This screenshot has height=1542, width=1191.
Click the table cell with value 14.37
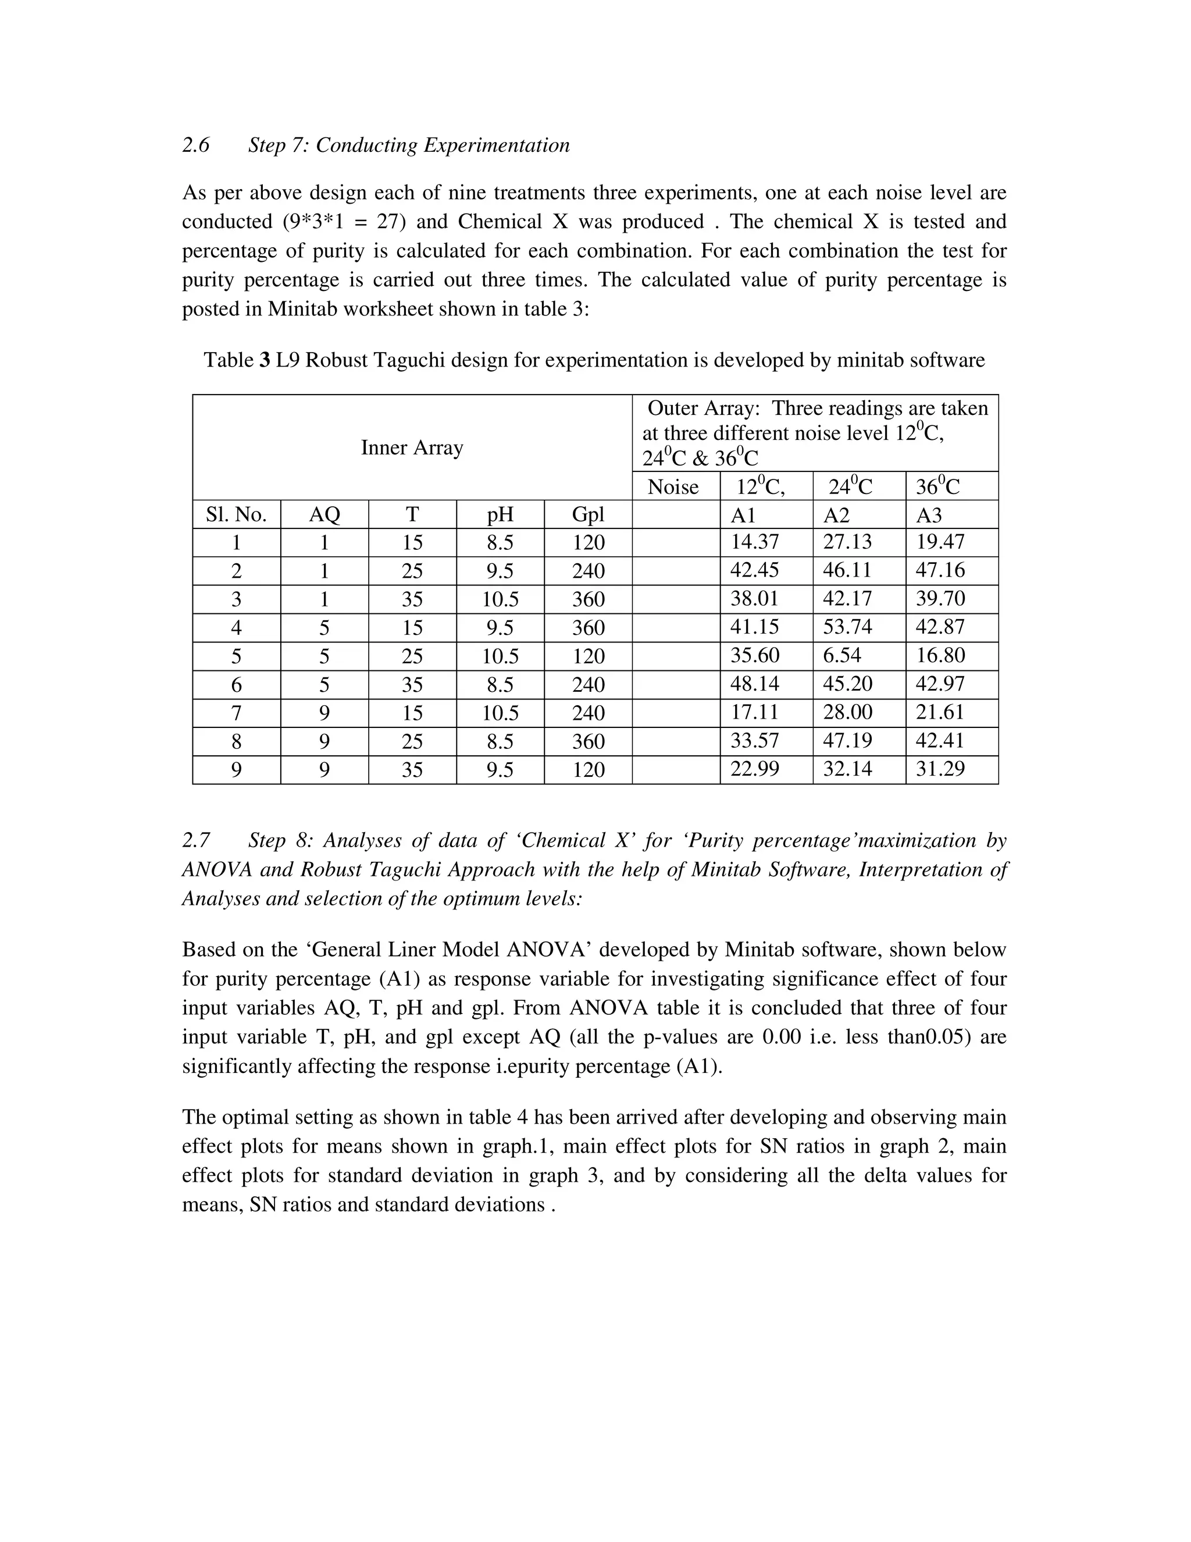pos(754,542)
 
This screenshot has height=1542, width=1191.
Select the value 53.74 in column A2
pos(847,627)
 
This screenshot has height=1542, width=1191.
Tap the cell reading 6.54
pos(841,655)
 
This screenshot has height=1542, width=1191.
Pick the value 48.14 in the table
pos(754,684)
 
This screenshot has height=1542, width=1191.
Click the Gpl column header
pos(588,515)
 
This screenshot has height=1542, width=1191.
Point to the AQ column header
pos(324,515)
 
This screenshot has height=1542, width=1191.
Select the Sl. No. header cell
pos(236,515)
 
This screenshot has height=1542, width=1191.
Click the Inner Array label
pos(412,447)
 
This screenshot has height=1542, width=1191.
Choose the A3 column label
pos(929,515)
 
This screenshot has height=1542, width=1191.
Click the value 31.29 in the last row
pos(940,768)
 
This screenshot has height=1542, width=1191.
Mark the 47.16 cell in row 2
pos(940,570)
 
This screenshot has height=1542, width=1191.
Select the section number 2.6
pos(195,145)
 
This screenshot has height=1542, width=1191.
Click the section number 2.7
pos(195,840)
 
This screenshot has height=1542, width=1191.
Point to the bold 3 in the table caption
pos(265,360)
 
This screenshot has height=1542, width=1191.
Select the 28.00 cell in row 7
pos(847,712)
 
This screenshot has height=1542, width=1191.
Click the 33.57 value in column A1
pos(754,740)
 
